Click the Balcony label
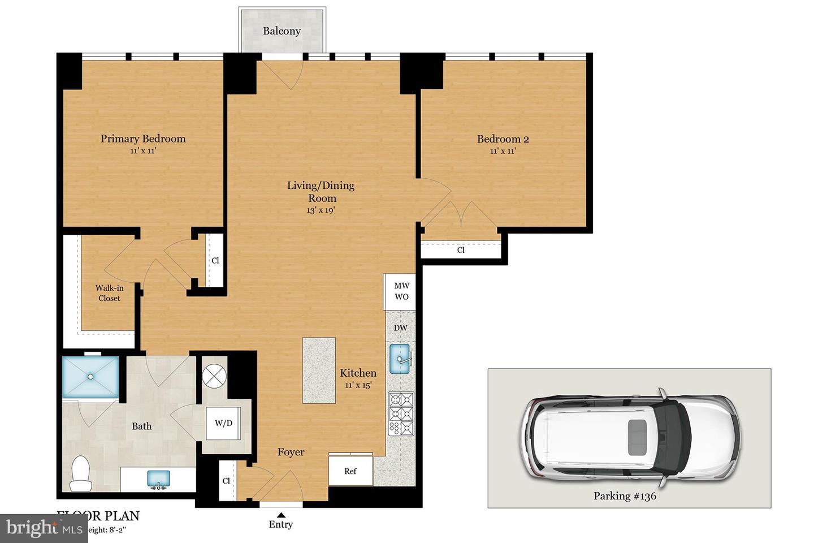282,31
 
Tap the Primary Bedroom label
143,139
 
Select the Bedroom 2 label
503,139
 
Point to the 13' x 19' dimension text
321,210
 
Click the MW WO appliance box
401,291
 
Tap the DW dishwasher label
400,328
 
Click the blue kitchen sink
400,359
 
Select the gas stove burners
401,413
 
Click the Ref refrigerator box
350,470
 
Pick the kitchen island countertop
319,370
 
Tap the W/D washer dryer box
223,423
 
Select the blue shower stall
90,376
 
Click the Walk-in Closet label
109,293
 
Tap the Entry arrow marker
281,514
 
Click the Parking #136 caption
625,496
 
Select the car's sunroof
638,436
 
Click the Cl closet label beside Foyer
227,481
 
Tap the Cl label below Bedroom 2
461,249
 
